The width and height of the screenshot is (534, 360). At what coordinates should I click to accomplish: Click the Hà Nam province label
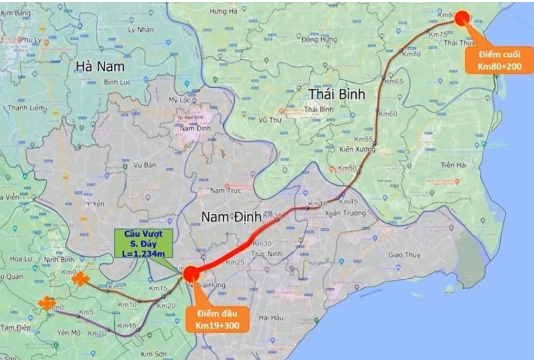pos(99,66)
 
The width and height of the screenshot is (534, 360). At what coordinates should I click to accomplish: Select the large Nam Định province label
pos(231,217)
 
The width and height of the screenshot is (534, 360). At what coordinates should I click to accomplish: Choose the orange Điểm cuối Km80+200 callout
pos(499,61)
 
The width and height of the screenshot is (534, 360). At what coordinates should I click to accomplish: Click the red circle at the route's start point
pos(190,273)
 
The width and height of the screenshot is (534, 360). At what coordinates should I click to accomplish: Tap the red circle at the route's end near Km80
pos(462,18)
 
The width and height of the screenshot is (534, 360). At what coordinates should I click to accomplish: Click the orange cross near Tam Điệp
pos(46,303)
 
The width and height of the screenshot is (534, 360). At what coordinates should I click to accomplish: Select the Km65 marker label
pos(394,81)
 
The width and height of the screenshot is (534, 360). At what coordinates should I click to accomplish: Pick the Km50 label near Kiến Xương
pos(347,168)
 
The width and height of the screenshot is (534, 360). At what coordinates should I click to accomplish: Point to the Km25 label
pos(235,262)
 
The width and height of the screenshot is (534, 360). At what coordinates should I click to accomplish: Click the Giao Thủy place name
pos(404,255)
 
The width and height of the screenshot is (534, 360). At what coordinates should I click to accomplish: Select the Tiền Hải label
pos(454,165)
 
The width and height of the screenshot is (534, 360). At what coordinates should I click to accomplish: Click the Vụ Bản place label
pos(145,165)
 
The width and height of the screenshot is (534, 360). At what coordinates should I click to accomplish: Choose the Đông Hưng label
pos(316,39)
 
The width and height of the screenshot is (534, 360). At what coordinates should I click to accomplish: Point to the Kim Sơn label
pos(153,354)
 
